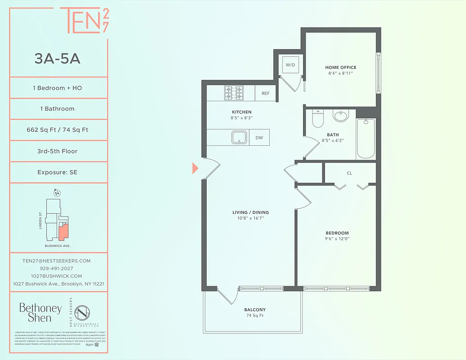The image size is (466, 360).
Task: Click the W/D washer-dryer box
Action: [290, 65]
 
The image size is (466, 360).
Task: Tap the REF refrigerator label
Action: [265, 94]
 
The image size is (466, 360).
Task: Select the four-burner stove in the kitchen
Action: [234, 93]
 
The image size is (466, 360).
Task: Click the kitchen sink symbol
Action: [239, 137]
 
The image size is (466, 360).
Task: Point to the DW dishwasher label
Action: [259, 138]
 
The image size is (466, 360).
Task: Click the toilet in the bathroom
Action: [317, 119]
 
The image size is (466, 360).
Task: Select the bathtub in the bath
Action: [366, 138]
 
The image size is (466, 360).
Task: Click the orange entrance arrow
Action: [195, 168]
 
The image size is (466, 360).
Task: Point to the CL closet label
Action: [349, 173]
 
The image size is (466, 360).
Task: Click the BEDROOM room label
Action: [337, 233]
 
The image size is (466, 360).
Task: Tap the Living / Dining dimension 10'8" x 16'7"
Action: [251, 218]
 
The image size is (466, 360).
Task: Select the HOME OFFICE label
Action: [341, 67]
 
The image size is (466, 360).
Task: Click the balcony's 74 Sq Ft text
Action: [255, 316]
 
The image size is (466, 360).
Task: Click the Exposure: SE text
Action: [57, 172]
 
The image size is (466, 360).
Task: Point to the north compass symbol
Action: [57, 193]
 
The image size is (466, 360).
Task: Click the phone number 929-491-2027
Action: [57, 268]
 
